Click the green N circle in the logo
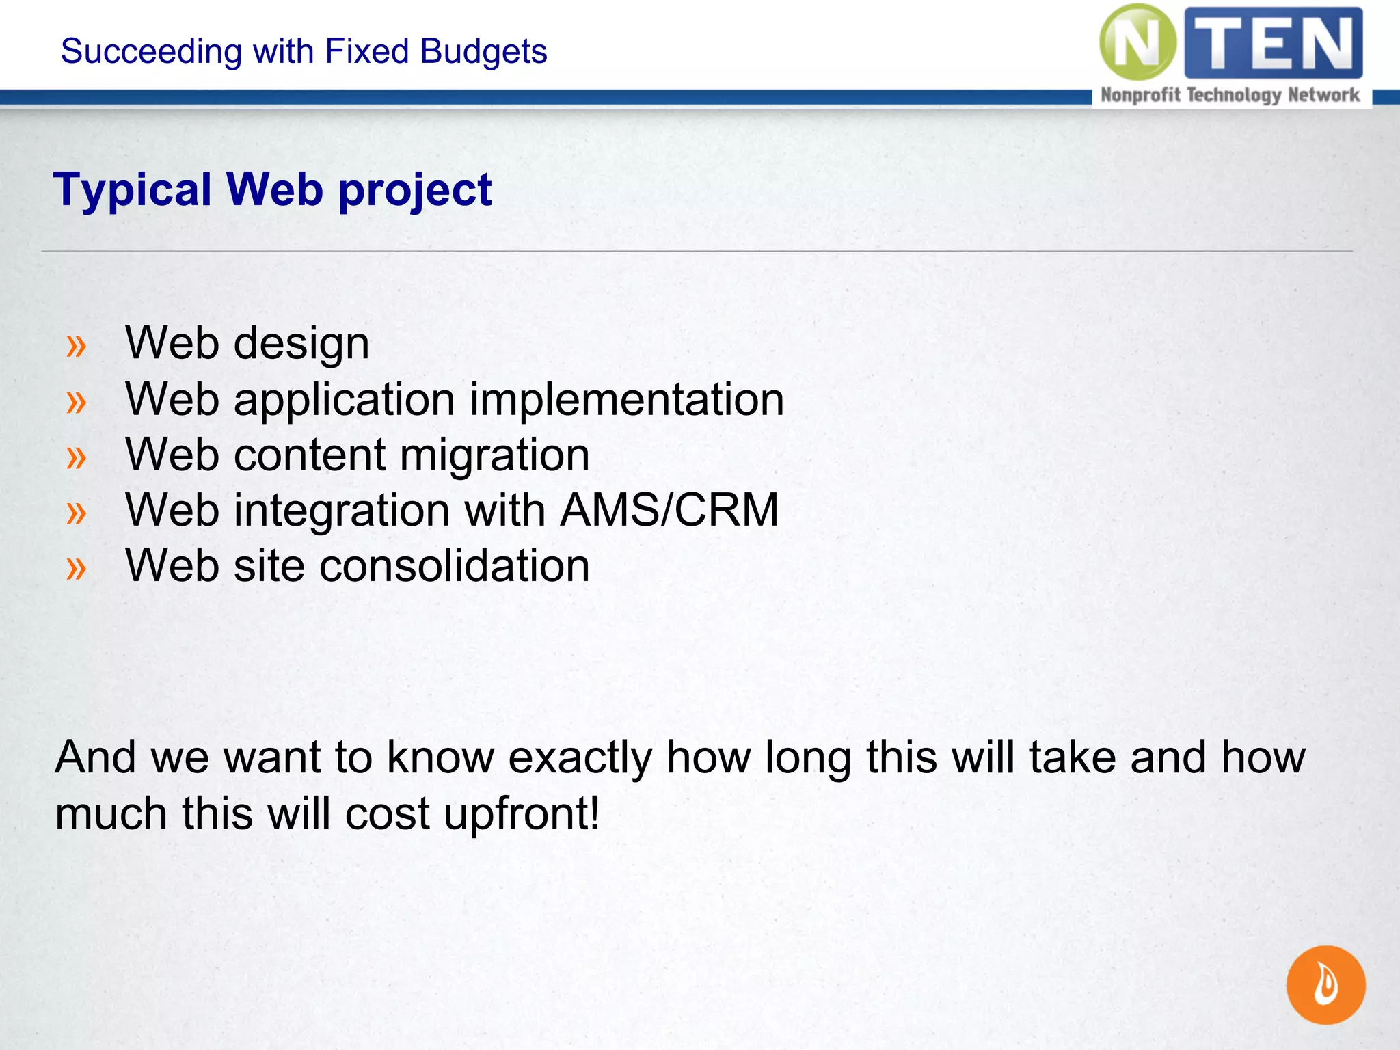click(x=1137, y=42)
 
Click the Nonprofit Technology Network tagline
click(x=1230, y=95)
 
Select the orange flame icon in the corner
click(x=1325, y=985)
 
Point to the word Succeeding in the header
click(x=151, y=51)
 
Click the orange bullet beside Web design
click(x=77, y=346)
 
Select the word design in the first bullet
click(x=301, y=343)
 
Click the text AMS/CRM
click(x=669, y=510)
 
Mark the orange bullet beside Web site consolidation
click(x=77, y=568)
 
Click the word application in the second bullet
click(x=345, y=401)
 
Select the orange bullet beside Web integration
click(x=77, y=513)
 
